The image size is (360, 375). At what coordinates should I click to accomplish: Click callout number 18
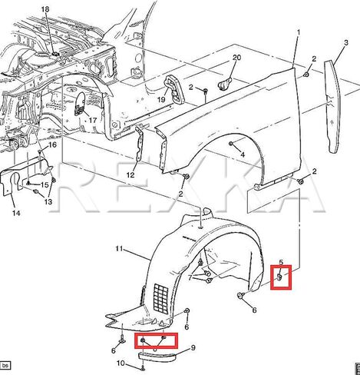coord(45,9)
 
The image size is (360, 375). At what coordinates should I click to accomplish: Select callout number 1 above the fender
coord(299,32)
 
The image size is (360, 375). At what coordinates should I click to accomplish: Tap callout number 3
coord(346,42)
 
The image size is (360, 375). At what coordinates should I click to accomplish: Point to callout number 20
coord(236,58)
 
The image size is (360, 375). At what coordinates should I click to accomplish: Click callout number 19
coord(161,99)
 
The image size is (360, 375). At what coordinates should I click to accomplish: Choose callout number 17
coord(93,120)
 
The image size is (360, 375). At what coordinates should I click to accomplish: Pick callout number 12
coord(130,175)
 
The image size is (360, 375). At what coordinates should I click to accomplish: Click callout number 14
coord(16,213)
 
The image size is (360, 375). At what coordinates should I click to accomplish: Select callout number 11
coord(119,249)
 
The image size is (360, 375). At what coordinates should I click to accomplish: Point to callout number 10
coord(121,363)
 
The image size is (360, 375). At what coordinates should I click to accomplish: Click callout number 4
coord(243,154)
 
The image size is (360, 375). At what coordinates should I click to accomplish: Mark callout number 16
coord(52,145)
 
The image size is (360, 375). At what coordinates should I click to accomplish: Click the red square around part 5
coord(281,277)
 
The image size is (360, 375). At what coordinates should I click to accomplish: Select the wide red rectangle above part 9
coord(157,340)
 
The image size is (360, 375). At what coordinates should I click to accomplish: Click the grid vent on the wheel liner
coord(160,298)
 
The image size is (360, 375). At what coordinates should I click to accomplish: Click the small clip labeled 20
coord(224,83)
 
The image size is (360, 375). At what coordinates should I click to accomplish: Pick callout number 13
coord(48,201)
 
